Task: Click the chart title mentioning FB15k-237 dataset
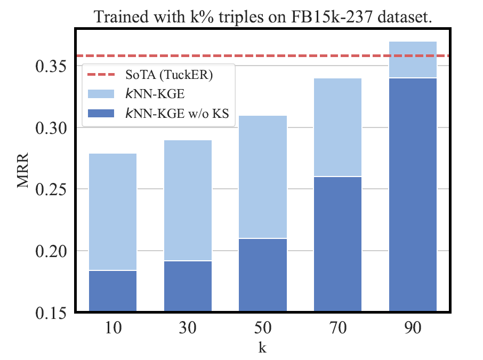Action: pos(263,17)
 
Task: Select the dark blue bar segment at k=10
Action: pos(113,291)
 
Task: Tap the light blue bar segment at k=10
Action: pos(113,212)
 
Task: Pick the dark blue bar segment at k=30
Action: pos(188,286)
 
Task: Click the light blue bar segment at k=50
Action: pos(263,177)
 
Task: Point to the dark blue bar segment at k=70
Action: pos(338,244)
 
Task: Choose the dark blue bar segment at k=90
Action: pos(413,194)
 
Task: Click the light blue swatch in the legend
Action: pos(100,94)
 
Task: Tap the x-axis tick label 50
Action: pos(263,328)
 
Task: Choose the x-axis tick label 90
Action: pos(413,328)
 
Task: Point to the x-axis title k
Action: pos(263,347)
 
